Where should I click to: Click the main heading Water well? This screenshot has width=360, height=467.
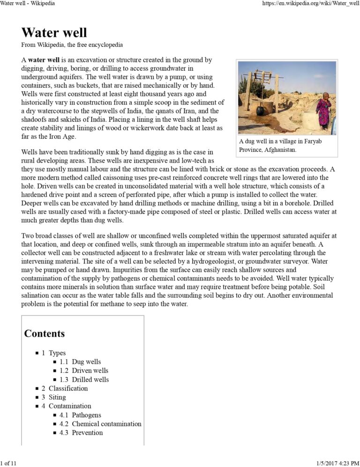click(54, 32)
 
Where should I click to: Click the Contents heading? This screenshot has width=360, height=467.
click(45, 334)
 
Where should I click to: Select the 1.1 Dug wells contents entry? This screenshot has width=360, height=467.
click(80, 362)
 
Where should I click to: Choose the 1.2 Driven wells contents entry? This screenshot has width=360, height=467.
click(84, 371)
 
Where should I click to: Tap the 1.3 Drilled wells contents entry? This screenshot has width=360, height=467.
click(84, 380)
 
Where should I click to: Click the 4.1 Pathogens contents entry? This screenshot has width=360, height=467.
click(80, 415)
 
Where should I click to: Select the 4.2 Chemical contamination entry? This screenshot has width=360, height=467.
click(100, 424)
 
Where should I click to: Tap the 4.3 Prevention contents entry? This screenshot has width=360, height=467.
click(81, 433)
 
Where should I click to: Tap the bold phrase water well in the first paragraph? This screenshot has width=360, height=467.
click(44, 60)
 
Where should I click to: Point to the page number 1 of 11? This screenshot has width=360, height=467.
click(8, 463)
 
